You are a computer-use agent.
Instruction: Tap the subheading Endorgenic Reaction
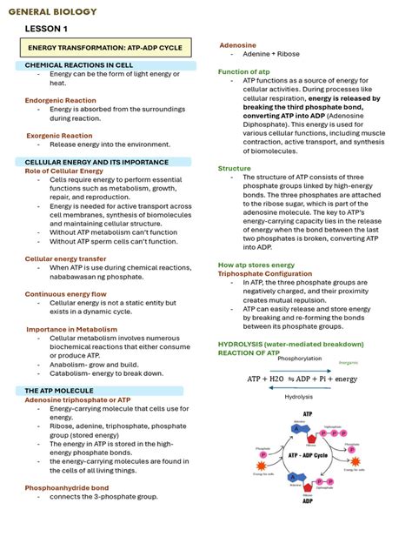61,100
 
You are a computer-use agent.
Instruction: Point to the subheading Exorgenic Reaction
59,136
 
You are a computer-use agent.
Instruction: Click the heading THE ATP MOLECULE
64,392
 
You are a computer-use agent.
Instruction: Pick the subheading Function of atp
243,71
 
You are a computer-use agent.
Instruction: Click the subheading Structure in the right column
234,168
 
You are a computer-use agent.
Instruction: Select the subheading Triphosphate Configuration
262,273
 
